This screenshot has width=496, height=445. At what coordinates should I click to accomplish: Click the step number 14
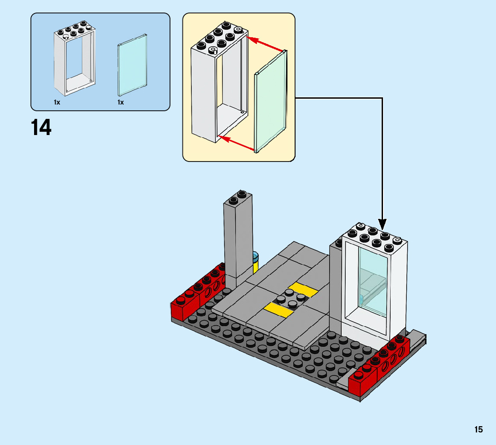click(x=41, y=127)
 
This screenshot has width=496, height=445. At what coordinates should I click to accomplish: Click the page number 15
click(x=479, y=429)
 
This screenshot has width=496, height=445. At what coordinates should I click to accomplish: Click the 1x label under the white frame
click(x=57, y=102)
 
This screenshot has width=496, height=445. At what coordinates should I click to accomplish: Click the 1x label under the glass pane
click(x=121, y=102)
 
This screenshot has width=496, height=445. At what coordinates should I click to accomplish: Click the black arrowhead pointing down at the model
click(x=382, y=223)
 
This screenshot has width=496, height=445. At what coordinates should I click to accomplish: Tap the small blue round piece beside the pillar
click(x=256, y=257)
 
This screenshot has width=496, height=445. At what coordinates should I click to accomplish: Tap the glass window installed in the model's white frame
click(x=373, y=279)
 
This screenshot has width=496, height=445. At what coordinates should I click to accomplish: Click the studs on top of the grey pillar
click(x=238, y=197)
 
